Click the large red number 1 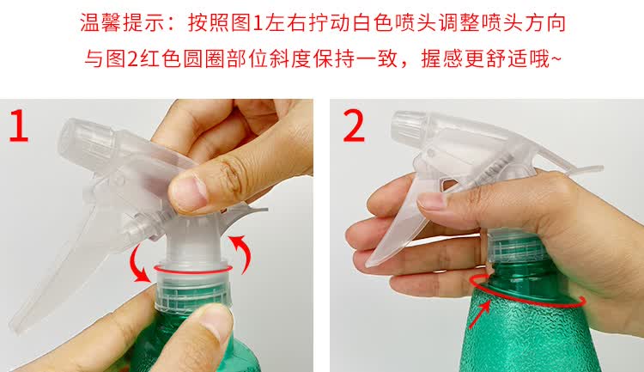tap(19, 125)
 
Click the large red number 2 tap(354, 125)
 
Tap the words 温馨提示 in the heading tap(123, 22)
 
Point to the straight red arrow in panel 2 tap(479, 314)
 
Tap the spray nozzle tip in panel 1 tap(87, 140)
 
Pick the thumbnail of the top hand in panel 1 tap(190, 192)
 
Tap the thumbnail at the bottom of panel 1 tap(216, 320)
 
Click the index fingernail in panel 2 tap(431, 202)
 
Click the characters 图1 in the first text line tap(246, 22)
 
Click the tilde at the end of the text tap(556, 58)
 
